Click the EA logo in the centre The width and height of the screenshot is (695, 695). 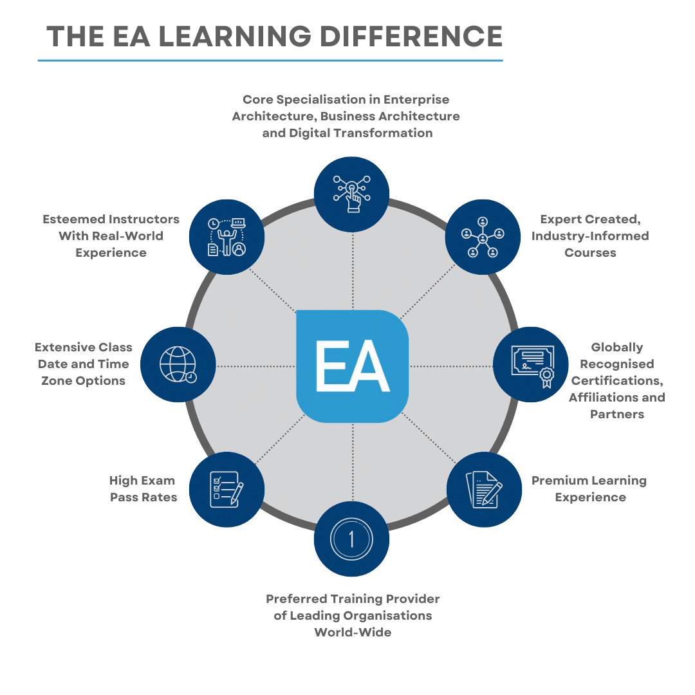pos(353,366)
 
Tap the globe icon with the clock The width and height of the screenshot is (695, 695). pos(178,364)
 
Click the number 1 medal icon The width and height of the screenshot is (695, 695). pos(351,539)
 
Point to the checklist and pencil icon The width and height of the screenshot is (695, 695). pos(227,489)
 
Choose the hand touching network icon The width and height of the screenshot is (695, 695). pos(352,194)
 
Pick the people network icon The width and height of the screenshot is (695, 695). pos(483,237)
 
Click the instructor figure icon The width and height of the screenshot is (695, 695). pos(227,237)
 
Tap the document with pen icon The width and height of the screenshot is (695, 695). pos(484,489)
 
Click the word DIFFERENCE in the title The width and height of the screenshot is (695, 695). pos(411,36)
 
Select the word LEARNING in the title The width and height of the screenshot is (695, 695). pos(235,36)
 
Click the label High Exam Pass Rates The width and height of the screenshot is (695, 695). pos(143,489)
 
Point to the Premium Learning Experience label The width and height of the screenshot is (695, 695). pos(589,489)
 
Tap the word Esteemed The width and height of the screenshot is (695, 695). pos(73,219)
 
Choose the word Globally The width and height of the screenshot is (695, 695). pos(617,347)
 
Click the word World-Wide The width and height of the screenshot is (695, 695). pos(353,632)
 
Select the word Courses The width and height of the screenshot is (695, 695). pos(590,253)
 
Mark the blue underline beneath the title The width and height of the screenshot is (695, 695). pos(270,60)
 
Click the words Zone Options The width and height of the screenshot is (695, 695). pos(83,381)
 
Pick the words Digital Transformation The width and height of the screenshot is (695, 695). pos(361,133)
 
